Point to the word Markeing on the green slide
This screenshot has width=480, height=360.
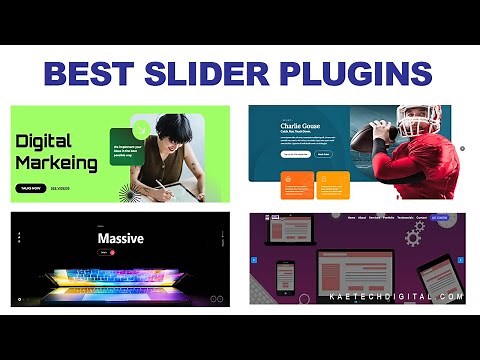click(x=57, y=161)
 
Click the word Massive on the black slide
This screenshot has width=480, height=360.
click(x=120, y=239)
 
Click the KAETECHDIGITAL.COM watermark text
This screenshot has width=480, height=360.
click(x=396, y=297)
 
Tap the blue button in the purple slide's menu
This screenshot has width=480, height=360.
click(x=440, y=217)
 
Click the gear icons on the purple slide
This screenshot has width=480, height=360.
click(x=413, y=234)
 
